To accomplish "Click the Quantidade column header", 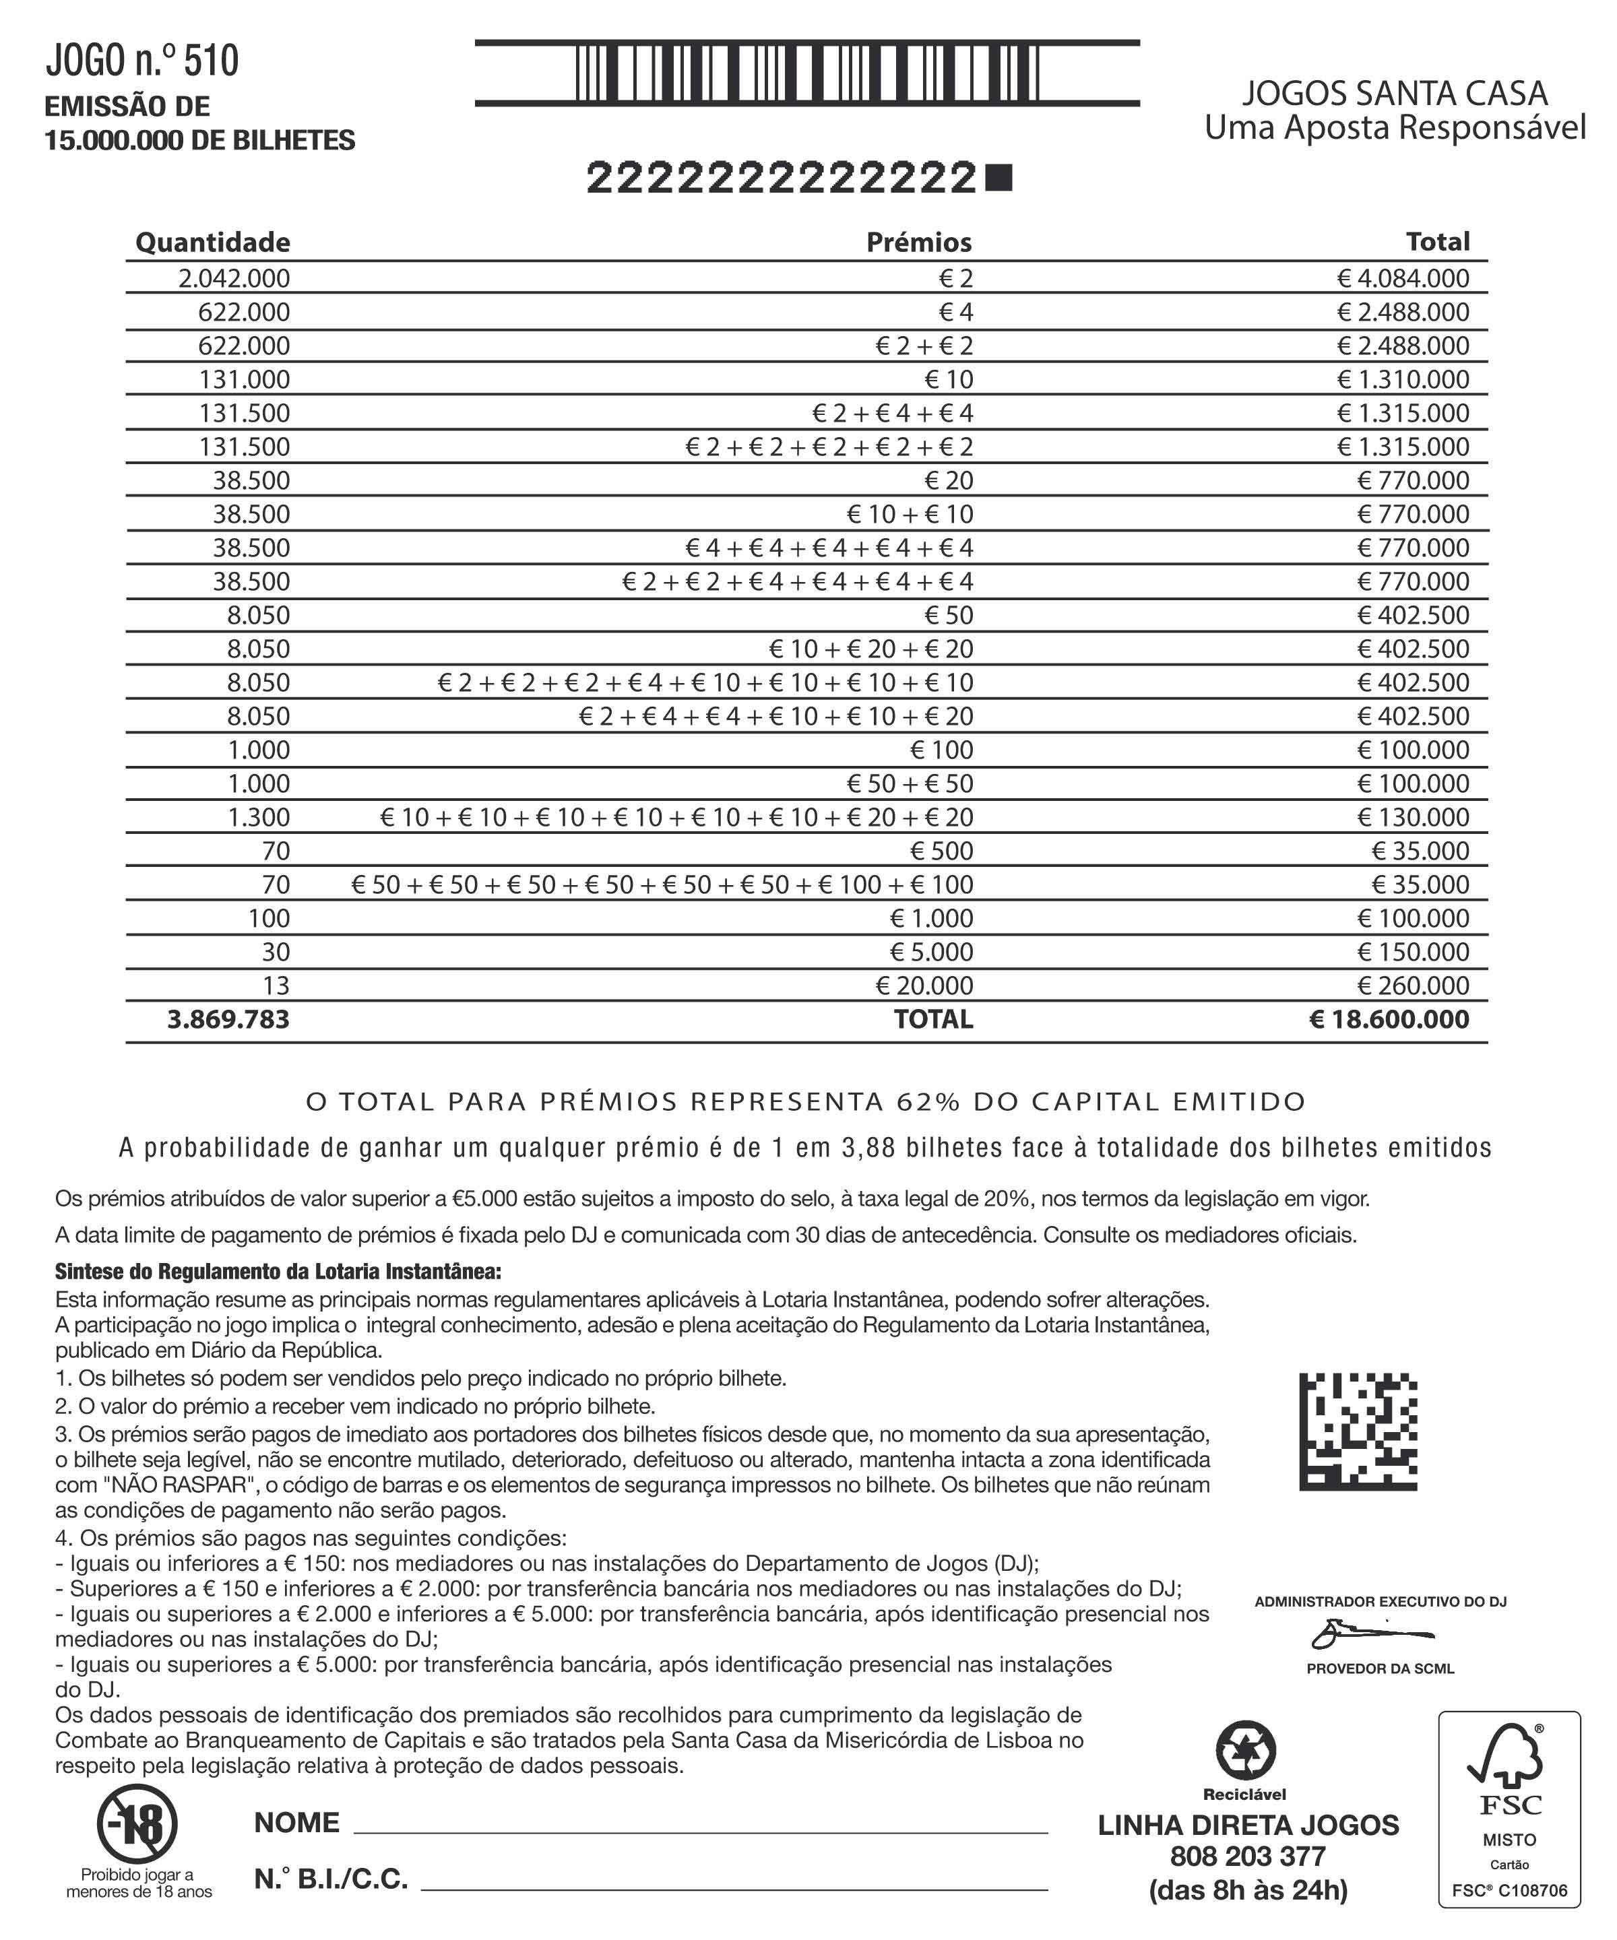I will (212, 242).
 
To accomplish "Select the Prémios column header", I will (918, 242).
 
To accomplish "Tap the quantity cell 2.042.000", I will (234, 278).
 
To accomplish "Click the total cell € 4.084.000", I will (1403, 278).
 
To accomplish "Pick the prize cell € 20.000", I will (924, 985).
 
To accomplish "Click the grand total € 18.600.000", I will (1389, 1019).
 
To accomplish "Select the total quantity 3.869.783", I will (228, 1019).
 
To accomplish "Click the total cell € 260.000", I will (1413, 985).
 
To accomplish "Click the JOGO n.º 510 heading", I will (142, 61).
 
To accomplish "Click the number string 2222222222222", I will (782, 177).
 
